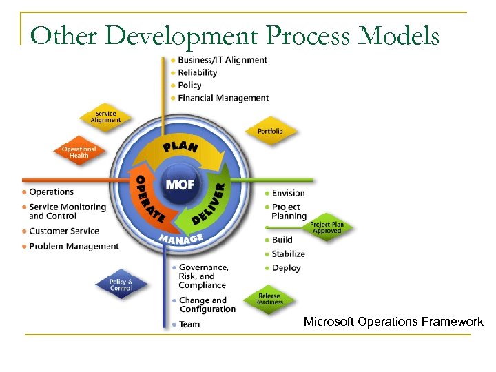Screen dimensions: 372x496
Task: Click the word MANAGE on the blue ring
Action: pos(180,238)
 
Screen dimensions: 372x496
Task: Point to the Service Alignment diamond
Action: pos(105,117)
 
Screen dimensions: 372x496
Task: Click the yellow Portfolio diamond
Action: pos(270,131)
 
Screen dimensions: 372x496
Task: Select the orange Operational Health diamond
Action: pos(79,152)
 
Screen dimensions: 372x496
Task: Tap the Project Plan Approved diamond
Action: pos(327,228)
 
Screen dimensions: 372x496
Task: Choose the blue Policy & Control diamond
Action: pos(121,285)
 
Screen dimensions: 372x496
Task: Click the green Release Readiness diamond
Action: pos(269,300)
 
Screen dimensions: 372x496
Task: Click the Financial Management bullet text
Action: pos(223,98)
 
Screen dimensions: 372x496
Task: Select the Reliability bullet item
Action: pos(197,72)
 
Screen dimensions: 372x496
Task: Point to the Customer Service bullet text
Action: pos(64,231)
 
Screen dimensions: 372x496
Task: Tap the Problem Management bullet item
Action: pos(74,246)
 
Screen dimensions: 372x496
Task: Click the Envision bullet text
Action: pos(288,193)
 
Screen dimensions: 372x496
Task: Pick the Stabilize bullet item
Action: pos(288,254)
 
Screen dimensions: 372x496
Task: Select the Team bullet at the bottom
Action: pos(189,324)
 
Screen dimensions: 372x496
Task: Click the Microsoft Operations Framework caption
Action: pos(393,322)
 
